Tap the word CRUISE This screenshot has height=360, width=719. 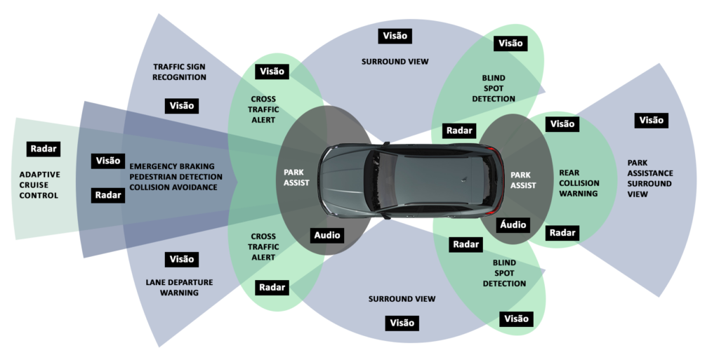pos(39,185)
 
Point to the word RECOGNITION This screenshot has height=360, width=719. pos(179,77)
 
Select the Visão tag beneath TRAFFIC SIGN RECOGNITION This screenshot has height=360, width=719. pos(181,105)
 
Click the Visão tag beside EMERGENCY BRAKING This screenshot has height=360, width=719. pos(108,161)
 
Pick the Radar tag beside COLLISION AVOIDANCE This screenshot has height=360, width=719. pos(108,195)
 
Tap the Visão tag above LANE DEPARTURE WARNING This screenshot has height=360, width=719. pos(181,259)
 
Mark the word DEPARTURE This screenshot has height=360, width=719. pos(180,282)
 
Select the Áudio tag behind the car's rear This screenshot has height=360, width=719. pos(515,225)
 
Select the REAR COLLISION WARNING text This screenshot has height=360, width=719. pos(579,183)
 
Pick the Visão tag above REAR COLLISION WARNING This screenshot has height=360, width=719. pos(562,124)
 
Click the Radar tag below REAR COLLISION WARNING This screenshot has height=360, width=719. pos(562,232)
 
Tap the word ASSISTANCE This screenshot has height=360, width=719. pos(650,173)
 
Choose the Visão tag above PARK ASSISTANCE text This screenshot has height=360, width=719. pos(651,120)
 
